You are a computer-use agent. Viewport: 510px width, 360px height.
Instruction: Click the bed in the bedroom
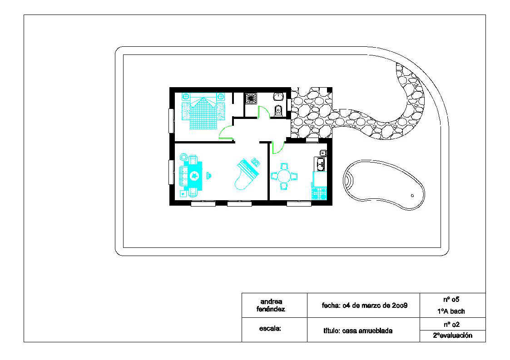click(x=203, y=111)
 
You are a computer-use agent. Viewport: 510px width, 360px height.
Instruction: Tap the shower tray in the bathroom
click(x=251, y=98)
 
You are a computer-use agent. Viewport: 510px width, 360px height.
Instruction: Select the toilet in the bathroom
click(x=278, y=111)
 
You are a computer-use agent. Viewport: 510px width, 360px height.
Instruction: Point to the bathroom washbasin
click(x=278, y=97)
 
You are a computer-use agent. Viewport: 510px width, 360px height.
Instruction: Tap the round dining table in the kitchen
click(x=284, y=177)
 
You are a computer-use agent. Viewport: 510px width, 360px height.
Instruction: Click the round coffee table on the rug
click(x=194, y=176)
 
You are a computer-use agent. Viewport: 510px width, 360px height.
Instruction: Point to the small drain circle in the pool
click(x=412, y=196)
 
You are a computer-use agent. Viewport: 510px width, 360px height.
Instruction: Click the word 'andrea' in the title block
click(x=271, y=301)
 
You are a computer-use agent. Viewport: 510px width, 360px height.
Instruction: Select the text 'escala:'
click(x=270, y=329)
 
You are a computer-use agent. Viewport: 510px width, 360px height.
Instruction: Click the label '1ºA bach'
click(x=451, y=311)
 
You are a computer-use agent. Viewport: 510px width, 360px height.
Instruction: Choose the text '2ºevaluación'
click(x=452, y=335)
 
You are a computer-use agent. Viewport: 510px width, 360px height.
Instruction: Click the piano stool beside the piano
click(x=256, y=162)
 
